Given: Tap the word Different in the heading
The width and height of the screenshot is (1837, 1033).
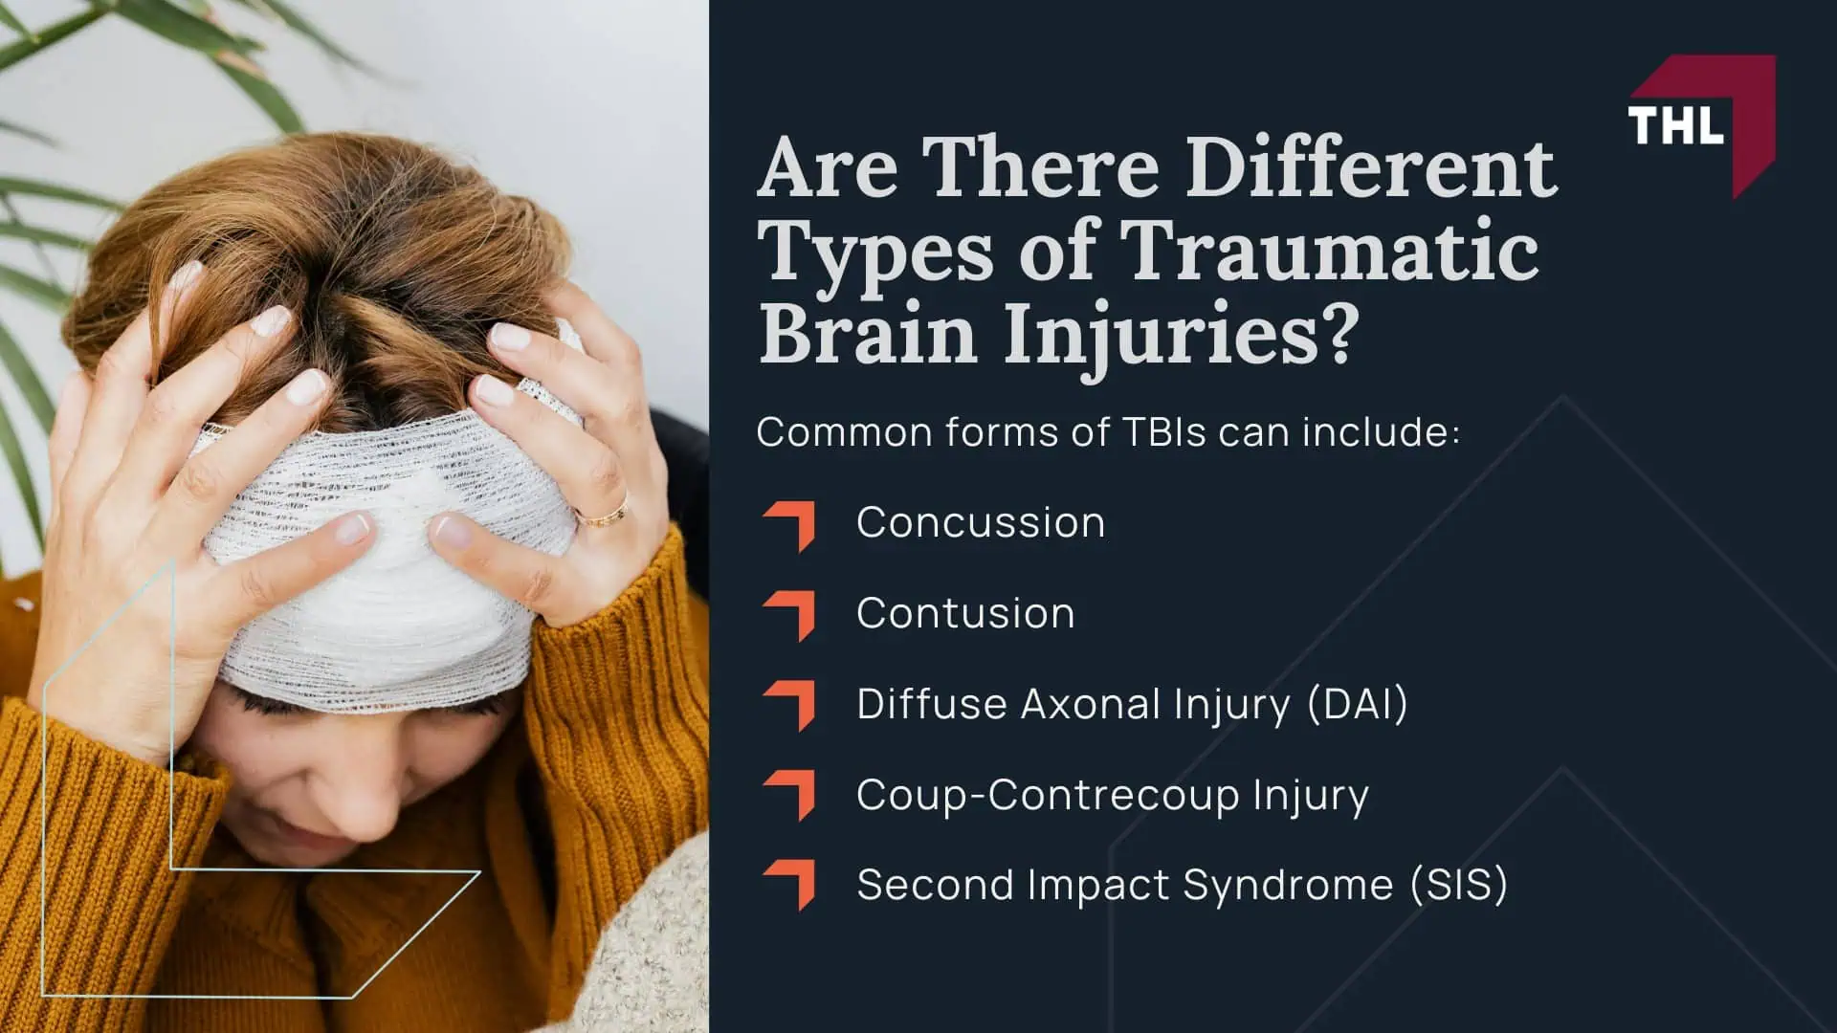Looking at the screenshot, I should point(1371,168).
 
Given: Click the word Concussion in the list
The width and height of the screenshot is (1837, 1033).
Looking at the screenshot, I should point(981,523).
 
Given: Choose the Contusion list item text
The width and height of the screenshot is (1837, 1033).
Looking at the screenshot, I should point(965,614).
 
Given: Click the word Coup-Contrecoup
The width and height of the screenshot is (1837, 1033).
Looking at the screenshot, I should point(1047,795).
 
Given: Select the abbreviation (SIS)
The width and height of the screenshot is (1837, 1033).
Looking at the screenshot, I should point(1458,885).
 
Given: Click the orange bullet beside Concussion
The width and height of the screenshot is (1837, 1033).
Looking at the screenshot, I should point(791,524).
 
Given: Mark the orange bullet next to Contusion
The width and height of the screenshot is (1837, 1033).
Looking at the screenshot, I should point(791,614).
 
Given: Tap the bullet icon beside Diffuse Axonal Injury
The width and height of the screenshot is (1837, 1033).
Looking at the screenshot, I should point(791,705).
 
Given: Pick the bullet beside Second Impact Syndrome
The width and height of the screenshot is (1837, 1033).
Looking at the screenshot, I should point(791,885).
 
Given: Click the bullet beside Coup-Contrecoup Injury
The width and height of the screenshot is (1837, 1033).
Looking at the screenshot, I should point(791,795).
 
